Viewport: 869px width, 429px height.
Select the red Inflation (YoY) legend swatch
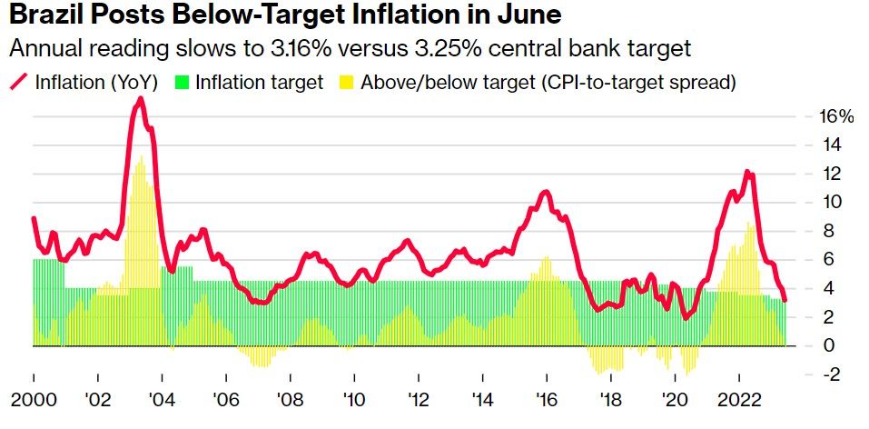[18, 82]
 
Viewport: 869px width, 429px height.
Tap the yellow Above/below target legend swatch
[345, 82]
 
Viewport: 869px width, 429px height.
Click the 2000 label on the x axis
[34, 400]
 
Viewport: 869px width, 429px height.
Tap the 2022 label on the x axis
[739, 400]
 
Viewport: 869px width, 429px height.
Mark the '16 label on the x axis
[547, 400]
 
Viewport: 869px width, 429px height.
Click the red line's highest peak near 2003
[140, 98]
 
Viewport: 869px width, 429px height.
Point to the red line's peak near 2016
[545, 192]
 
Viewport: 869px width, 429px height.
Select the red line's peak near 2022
[746, 172]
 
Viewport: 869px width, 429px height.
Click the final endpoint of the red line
[785, 300]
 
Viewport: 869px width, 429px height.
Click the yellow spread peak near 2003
[140, 158]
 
